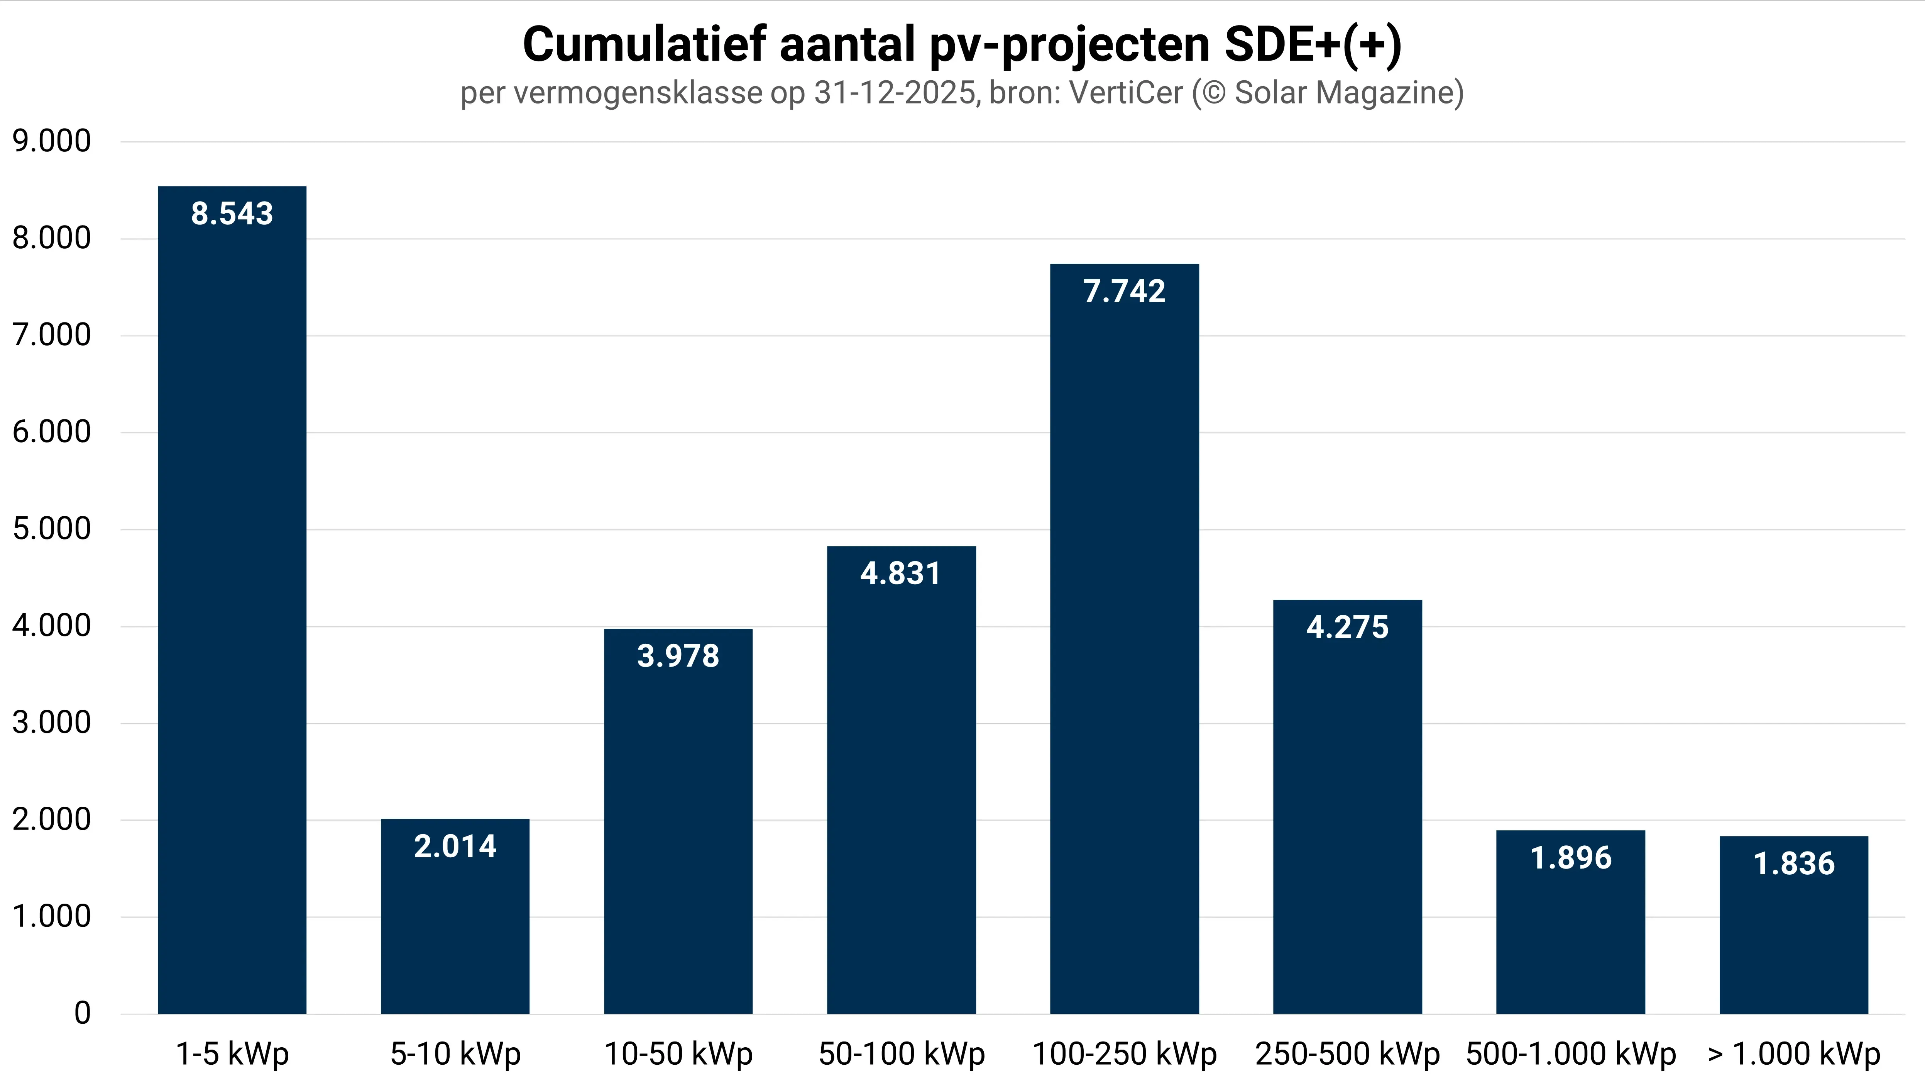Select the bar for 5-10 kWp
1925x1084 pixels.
click(x=455, y=927)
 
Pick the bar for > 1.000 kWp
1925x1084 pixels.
click(x=1793, y=935)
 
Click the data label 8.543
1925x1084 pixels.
click(x=232, y=214)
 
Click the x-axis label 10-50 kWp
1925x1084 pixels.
click(x=678, y=1054)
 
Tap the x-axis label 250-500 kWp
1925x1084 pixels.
click(x=1347, y=1054)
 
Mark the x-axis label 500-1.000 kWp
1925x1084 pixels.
click(x=1571, y=1054)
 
